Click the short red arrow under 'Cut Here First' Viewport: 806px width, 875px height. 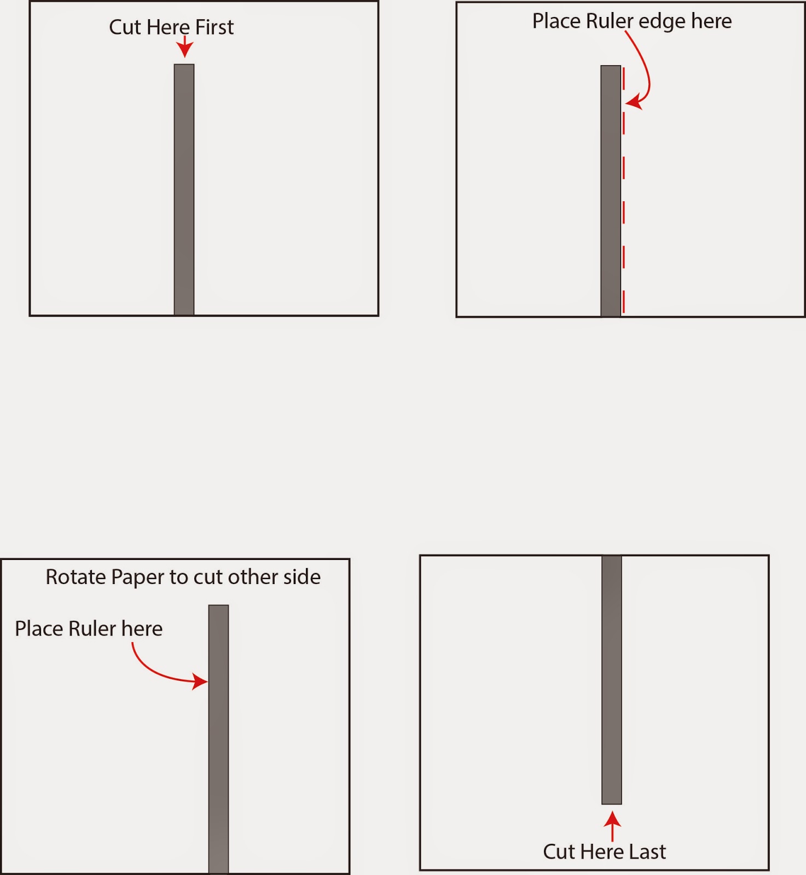[185, 46]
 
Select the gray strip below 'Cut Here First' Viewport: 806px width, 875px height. [184, 190]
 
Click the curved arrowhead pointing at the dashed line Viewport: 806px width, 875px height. [633, 102]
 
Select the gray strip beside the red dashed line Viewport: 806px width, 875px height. [611, 191]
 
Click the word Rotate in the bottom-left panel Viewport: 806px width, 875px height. [76, 577]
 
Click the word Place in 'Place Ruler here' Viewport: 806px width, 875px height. [39, 629]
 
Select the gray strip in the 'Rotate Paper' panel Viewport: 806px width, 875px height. [218, 739]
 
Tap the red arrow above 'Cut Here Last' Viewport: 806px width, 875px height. [613, 826]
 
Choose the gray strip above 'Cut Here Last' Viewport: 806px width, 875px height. [612, 680]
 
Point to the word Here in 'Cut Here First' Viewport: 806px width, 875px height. [169, 27]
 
